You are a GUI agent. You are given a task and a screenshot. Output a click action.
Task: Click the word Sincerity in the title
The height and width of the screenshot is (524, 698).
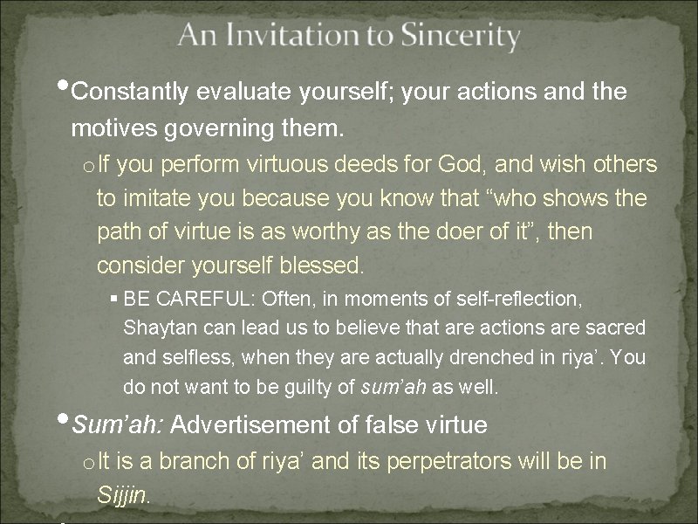460,37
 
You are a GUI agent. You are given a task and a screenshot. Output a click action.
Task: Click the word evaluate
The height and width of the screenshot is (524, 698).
248,92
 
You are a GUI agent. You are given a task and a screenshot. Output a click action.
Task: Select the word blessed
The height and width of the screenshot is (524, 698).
323,264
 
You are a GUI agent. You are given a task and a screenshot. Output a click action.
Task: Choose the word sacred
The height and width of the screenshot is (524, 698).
615,327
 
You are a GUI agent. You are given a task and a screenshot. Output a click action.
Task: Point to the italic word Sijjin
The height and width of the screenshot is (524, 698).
124,494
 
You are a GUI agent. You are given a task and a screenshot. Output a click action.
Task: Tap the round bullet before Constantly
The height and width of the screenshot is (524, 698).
65,87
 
